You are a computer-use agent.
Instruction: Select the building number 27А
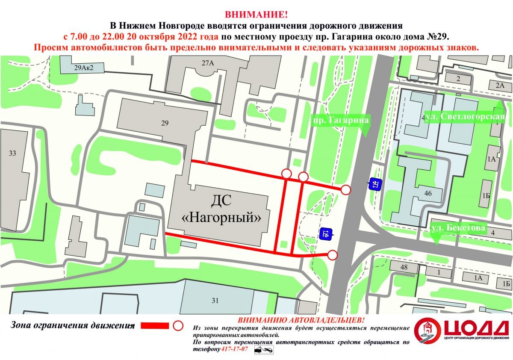click(x=208, y=63)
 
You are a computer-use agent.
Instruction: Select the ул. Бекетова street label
click(x=458, y=228)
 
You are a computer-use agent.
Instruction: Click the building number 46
click(x=428, y=193)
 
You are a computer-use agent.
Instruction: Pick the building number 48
click(x=403, y=268)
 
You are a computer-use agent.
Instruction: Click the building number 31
click(x=215, y=300)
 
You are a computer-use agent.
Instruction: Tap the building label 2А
click(x=500, y=85)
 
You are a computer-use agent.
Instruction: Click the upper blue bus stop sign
click(x=375, y=184)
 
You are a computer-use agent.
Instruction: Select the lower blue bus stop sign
click(x=326, y=234)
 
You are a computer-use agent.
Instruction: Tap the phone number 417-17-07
click(x=235, y=349)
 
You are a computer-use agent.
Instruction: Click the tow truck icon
click(x=264, y=350)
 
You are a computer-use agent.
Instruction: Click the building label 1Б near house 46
click(x=486, y=195)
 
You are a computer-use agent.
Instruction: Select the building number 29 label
click(x=165, y=123)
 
